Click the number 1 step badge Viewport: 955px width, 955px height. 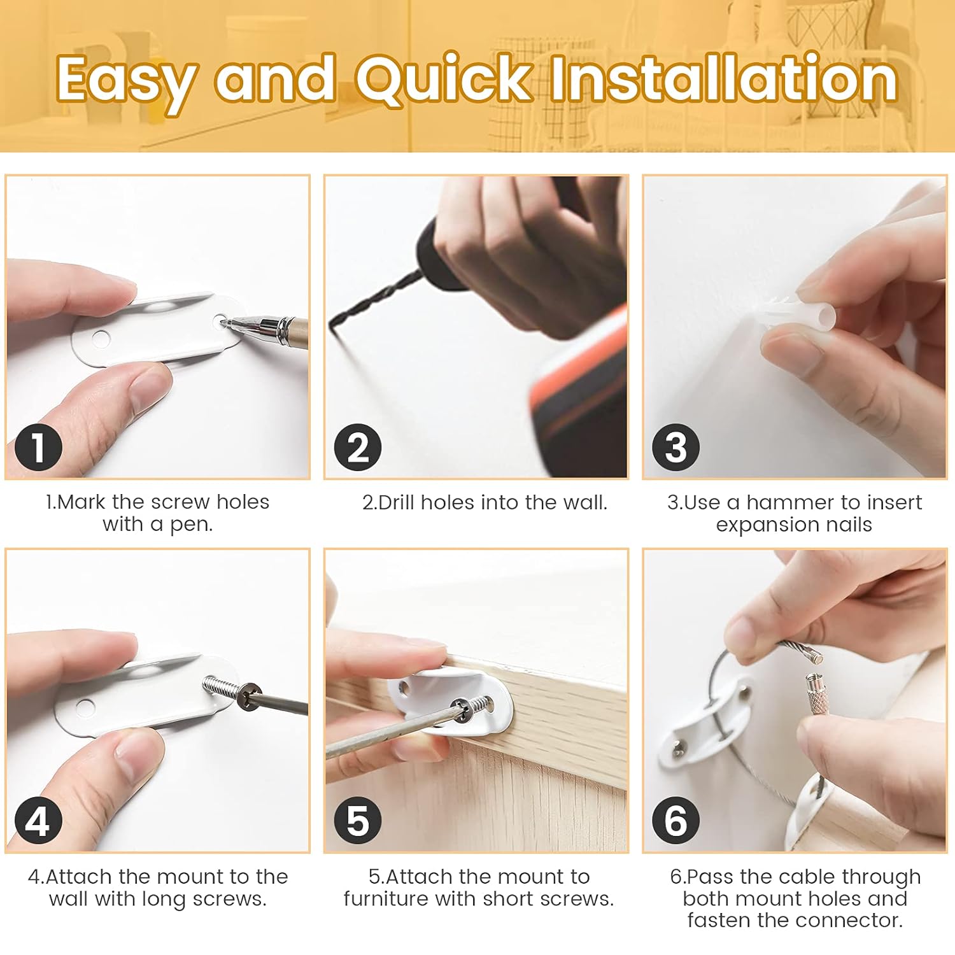click(38, 448)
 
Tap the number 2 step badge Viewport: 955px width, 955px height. click(358, 448)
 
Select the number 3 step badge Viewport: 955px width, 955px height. click(676, 448)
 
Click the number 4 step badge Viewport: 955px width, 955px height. click(38, 821)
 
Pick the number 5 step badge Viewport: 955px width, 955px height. click(358, 821)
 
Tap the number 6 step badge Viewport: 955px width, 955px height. click(676, 821)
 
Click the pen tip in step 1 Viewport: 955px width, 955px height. click(224, 323)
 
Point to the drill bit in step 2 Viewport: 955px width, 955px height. click(376, 299)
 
